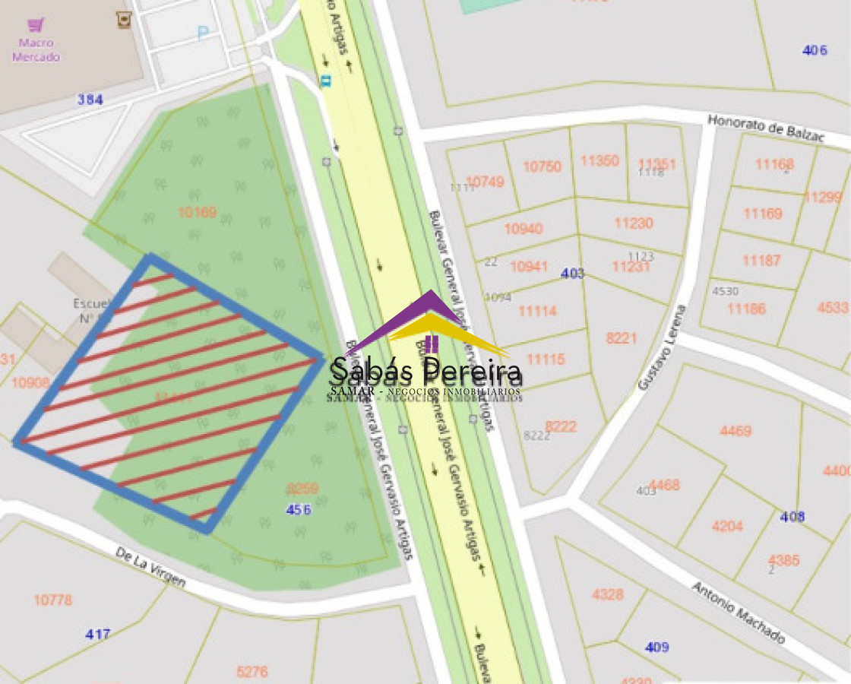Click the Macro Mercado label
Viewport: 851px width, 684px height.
click(36, 50)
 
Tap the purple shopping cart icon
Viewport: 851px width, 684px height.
click(36, 25)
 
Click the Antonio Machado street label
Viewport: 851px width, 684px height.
click(738, 612)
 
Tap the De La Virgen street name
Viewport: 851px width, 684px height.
click(150, 567)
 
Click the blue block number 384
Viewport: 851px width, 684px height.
click(90, 100)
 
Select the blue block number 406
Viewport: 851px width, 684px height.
click(815, 50)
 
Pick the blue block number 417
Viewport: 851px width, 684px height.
click(98, 634)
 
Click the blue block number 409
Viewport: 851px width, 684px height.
click(656, 647)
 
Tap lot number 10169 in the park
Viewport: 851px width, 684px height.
click(198, 212)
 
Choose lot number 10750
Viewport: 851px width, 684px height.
click(542, 167)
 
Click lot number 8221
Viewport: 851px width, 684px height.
click(622, 338)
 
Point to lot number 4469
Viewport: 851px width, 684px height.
click(736, 432)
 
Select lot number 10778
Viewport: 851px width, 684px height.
click(53, 600)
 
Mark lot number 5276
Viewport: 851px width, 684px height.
click(252, 671)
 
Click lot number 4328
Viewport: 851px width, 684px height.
click(608, 594)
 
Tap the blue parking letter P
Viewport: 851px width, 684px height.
click(202, 33)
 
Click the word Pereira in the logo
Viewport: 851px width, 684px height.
click(473, 372)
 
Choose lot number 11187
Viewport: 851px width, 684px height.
click(761, 261)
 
